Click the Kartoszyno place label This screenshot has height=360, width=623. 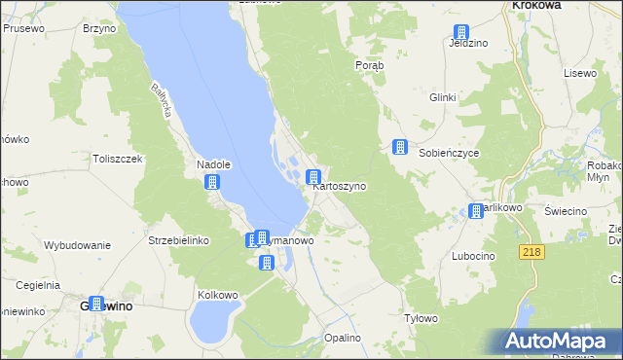click(x=340, y=186)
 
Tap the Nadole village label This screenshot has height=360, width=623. click(x=212, y=165)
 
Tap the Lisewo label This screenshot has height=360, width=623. click(x=579, y=74)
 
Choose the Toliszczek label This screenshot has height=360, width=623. click(x=118, y=159)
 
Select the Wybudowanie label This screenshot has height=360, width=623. click(x=77, y=245)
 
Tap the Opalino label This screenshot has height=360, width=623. click(x=343, y=338)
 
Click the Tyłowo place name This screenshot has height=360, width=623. click(x=421, y=318)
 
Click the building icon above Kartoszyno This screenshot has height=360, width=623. click(x=313, y=177)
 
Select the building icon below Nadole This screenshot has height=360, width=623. click(x=212, y=182)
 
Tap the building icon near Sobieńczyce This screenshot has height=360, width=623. click(x=399, y=147)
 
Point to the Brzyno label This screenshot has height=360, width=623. click(x=99, y=29)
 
